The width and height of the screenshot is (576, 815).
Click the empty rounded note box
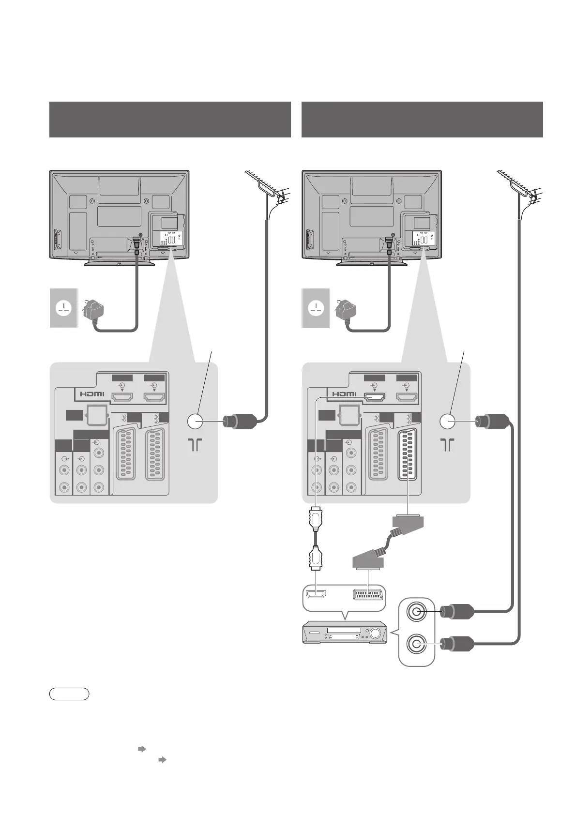(x=69, y=694)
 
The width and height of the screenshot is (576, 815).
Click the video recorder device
(x=344, y=633)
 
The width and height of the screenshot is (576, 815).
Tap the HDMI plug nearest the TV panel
(x=316, y=518)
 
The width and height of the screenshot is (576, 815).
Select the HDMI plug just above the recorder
(x=316, y=558)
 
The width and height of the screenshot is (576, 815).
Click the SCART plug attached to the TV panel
(x=408, y=522)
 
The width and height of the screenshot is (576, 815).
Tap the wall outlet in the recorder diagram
(x=316, y=308)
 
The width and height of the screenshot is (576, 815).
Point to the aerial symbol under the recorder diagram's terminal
(x=448, y=445)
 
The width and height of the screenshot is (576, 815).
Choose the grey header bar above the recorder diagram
(x=422, y=120)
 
